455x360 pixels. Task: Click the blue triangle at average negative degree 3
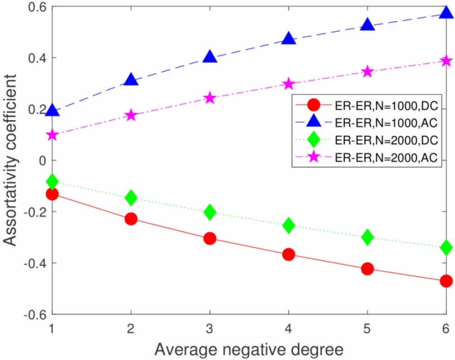(210, 57)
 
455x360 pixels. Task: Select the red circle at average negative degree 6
(446, 281)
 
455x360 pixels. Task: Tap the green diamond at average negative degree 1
(52, 181)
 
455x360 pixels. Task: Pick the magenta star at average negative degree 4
(289, 84)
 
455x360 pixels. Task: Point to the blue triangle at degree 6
(446, 12)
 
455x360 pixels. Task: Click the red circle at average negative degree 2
(131, 219)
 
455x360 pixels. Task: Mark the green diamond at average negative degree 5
(368, 237)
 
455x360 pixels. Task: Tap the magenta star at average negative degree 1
(52, 135)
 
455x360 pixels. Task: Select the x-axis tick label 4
(289, 329)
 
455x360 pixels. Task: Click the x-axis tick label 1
(52, 329)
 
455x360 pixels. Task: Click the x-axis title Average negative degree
(249, 349)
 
